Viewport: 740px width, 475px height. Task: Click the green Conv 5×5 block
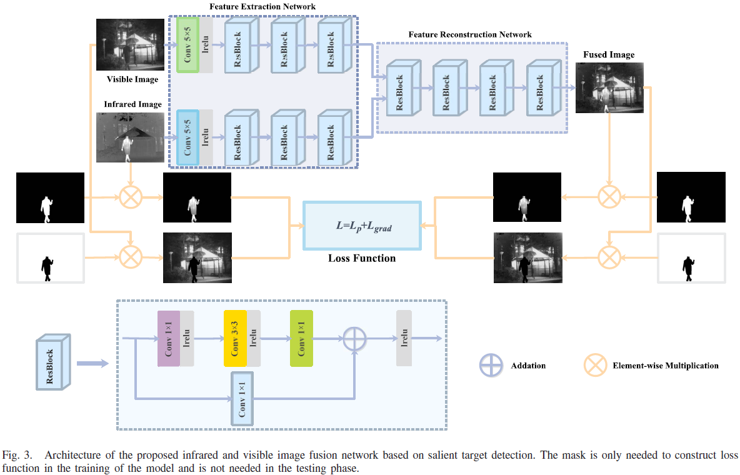tap(187, 45)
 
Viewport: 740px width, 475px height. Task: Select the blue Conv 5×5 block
tap(187, 137)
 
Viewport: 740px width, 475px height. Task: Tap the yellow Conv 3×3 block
tap(235, 338)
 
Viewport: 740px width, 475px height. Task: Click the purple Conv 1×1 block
tap(169, 338)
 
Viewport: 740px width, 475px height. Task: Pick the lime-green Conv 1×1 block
tap(301, 338)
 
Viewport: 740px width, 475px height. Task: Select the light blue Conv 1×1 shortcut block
tap(242, 399)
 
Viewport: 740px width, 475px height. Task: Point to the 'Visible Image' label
tap(132, 79)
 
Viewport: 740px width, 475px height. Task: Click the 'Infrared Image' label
tap(132, 104)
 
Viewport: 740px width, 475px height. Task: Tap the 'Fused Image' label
tap(608, 54)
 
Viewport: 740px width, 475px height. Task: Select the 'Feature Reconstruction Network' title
tap(470, 34)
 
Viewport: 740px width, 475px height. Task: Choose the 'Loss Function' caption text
tap(362, 257)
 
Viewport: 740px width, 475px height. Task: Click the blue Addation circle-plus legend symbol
tap(491, 365)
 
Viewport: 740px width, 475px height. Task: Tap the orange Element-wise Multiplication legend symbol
tap(594, 365)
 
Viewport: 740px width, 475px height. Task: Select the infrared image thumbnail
tap(130, 137)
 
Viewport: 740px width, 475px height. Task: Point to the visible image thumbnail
tap(130, 44)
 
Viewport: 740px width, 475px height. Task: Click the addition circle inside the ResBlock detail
tap(354, 338)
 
